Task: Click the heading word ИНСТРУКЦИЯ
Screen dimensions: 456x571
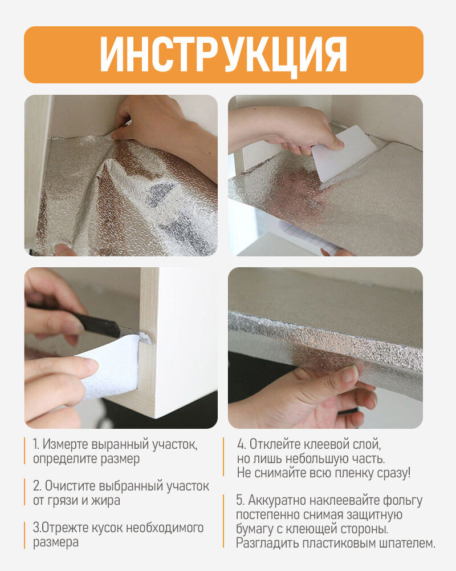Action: [223, 55]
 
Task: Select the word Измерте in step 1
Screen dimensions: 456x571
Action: [66, 444]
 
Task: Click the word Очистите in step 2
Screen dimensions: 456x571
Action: [70, 486]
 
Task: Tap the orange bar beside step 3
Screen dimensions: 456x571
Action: [25, 535]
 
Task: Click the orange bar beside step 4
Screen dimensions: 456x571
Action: [223, 457]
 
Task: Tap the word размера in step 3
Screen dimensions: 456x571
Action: [56, 542]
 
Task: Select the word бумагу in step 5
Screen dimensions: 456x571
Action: [255, 529]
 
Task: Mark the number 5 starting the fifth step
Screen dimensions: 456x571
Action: [240, 500]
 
